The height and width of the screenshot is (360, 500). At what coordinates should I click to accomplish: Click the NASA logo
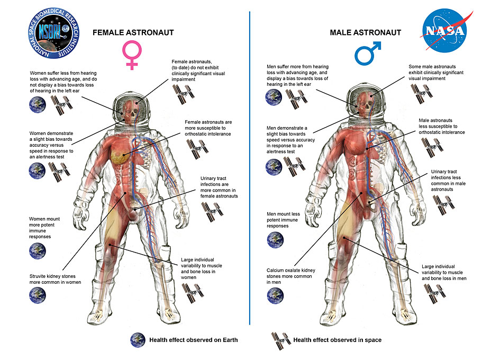pyautogui.click(x=444, y=31)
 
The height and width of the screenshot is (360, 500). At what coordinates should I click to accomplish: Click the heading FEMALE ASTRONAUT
pyautogui.click(x=133, y=33)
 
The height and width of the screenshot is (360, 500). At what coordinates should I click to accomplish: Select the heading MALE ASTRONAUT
pyautogui.click(x=365, y=33)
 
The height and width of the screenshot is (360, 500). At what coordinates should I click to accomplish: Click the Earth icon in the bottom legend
pyautogui.click(x=138, y=340)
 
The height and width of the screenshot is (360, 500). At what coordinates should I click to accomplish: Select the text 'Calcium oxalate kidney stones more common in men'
pyautogui.click(x=291, y=276)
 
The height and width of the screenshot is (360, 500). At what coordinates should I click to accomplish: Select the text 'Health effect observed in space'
pyautogui.click(x=337, y=340)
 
